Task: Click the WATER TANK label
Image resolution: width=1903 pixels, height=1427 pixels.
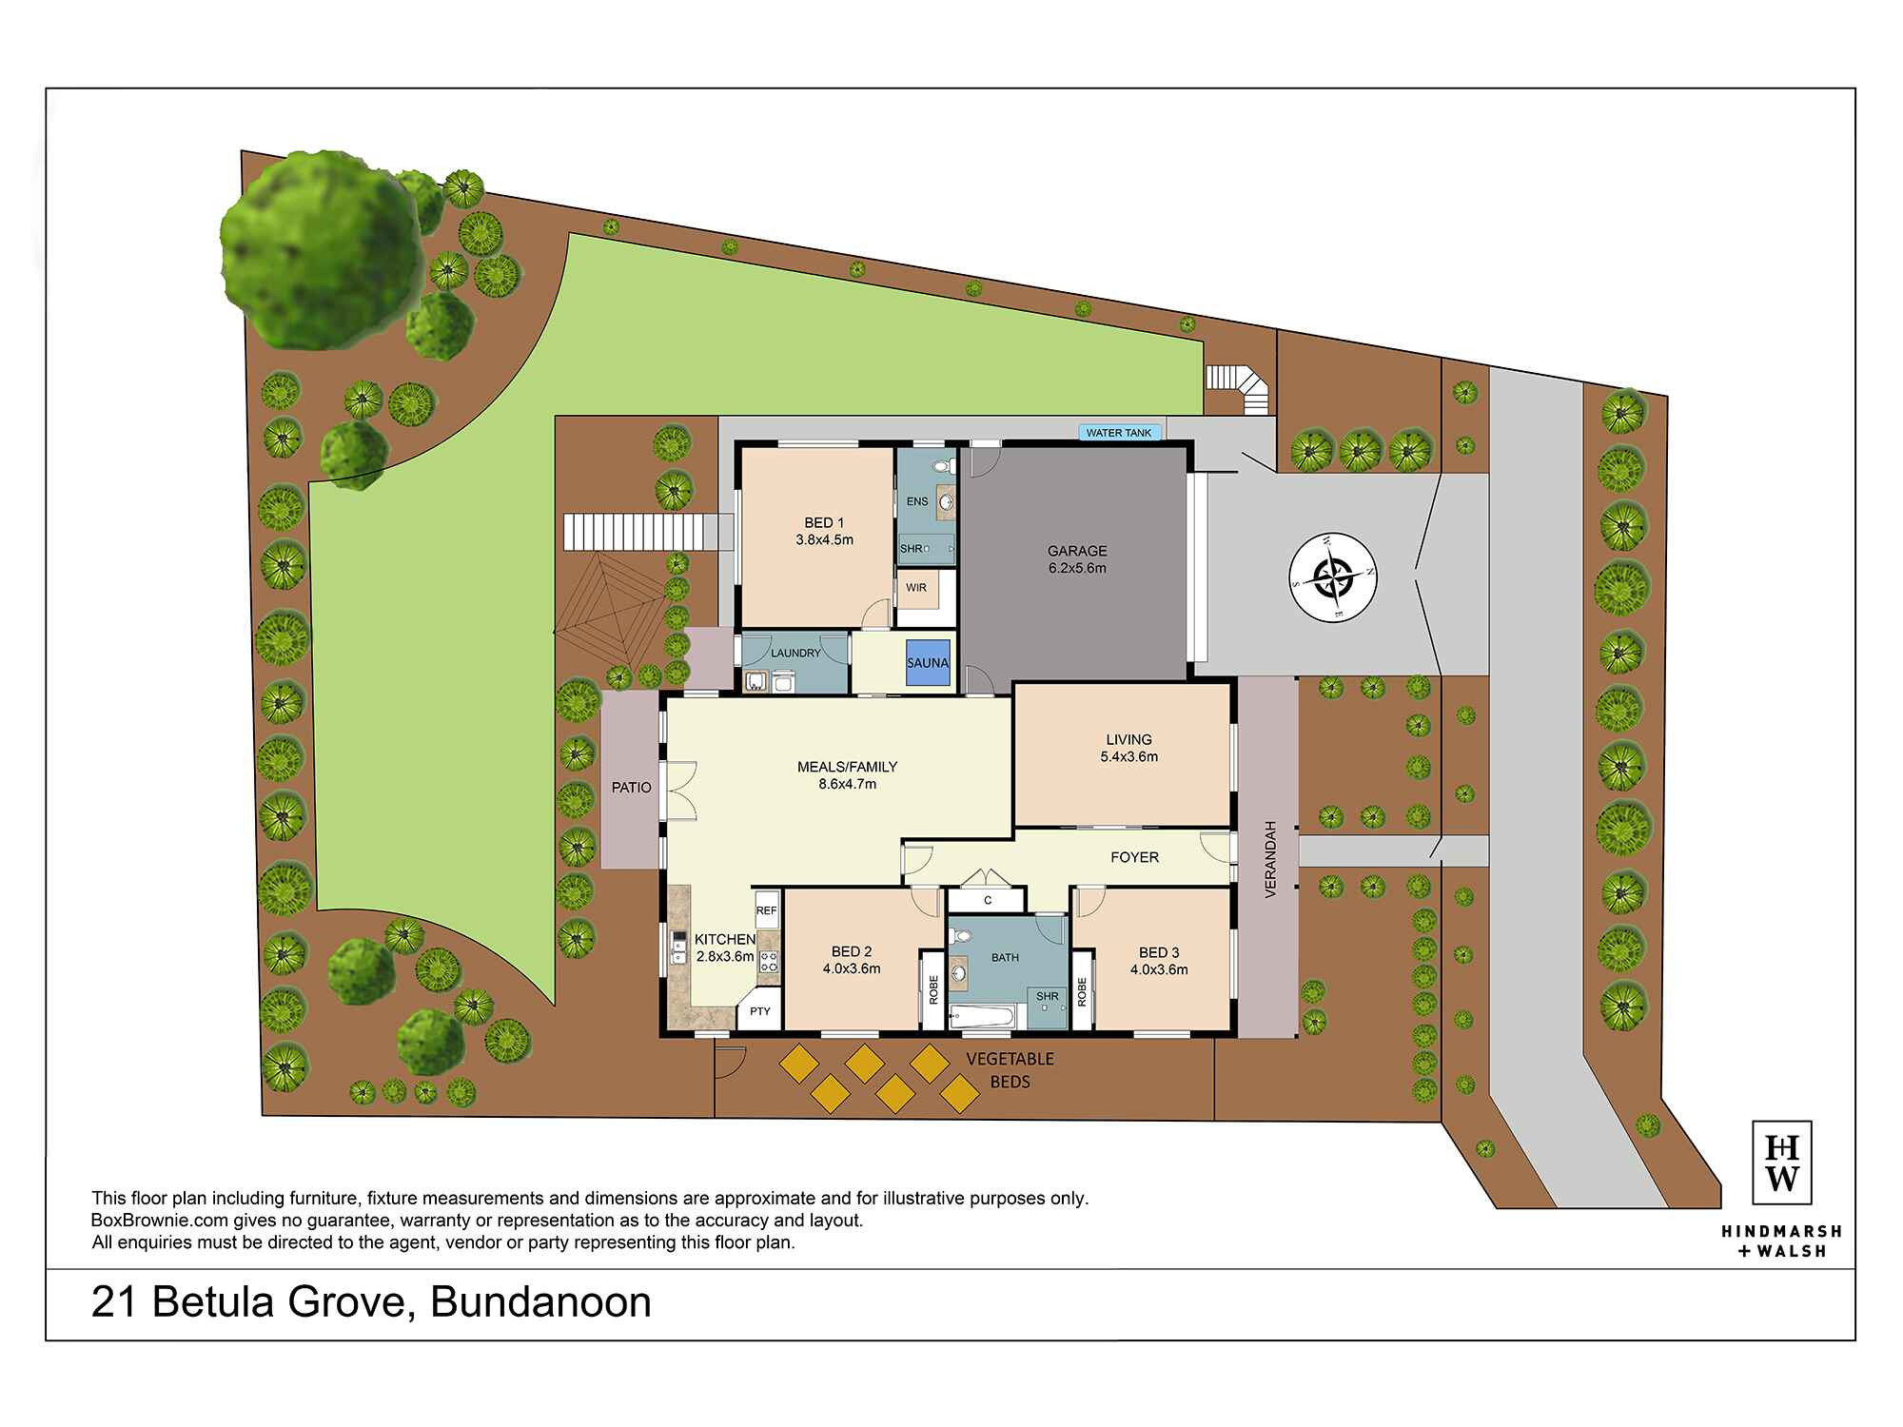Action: [1119, 433]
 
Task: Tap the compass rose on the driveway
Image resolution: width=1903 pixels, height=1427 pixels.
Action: [1334, 577]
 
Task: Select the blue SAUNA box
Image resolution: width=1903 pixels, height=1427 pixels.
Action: [928, 662]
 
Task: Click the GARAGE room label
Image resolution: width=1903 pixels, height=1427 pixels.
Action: [1077, 551]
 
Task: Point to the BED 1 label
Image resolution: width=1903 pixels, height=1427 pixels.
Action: [824, 522]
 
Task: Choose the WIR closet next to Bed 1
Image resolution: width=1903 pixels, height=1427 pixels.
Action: [916, 588]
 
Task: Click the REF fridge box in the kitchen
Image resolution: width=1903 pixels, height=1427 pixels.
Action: [767, 910]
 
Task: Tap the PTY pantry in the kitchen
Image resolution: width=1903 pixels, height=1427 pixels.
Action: [759, 1011]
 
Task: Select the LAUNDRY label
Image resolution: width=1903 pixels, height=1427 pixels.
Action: [795, 654]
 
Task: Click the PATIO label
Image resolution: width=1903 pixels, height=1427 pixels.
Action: [632, 788]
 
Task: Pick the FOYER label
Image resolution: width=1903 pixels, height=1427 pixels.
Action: [1134, 857]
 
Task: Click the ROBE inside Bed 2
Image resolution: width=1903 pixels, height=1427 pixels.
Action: [932, 990]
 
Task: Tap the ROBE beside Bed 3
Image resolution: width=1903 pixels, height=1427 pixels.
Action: [1082, 991]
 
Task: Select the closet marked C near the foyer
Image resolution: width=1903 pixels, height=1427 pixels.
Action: [988, 900]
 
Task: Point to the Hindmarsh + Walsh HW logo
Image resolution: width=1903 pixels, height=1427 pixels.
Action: [1781, 1163]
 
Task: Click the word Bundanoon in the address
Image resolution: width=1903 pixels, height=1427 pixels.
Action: [540, 1302]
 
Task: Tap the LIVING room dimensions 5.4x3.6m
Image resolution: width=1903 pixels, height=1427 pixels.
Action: [1128, 757]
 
